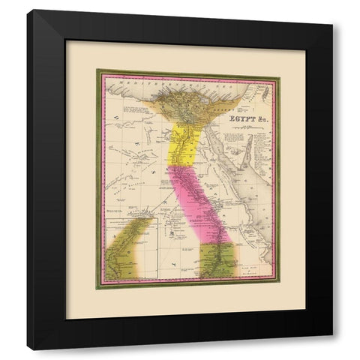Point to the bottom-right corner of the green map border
click(x=278, y=289)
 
